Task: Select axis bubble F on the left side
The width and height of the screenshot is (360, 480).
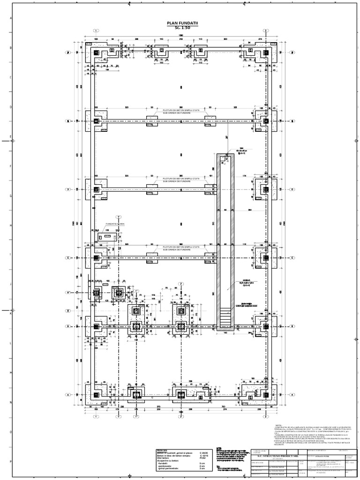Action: (68, 52)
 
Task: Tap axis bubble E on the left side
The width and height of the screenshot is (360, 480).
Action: (68, 121)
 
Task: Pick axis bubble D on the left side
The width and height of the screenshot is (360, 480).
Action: (68, 189)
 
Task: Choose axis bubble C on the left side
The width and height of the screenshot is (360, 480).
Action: (68, 258)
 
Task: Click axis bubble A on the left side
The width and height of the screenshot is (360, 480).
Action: (68, 395)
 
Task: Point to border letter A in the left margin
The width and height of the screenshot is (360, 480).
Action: (10, 19)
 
